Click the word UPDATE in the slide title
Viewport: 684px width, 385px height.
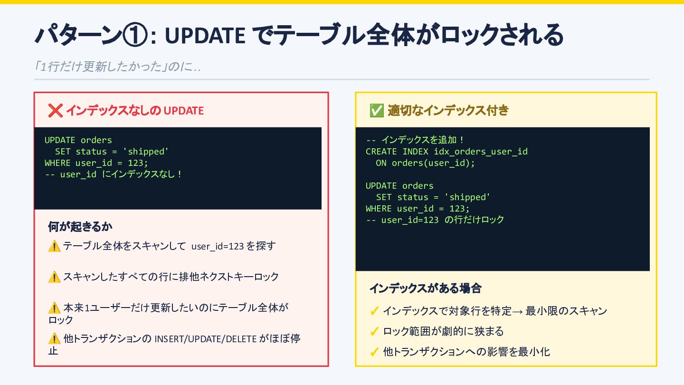click(205, 35)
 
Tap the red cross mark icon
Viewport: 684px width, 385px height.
click(55, 111)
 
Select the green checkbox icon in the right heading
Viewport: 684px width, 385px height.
click(376, 111)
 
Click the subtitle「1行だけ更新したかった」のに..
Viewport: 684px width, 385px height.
click(117, 67)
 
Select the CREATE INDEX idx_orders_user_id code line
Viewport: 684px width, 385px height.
click(446, 152)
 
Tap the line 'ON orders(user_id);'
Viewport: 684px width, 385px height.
click(425, 163)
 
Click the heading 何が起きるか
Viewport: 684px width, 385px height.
click(80, 227)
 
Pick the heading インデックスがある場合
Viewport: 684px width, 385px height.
click(425, 288)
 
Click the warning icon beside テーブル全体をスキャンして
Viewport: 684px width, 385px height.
click(54, 246)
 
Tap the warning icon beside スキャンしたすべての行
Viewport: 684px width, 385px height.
click(54, 277)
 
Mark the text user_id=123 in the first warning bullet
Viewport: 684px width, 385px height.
click(217, 247)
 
